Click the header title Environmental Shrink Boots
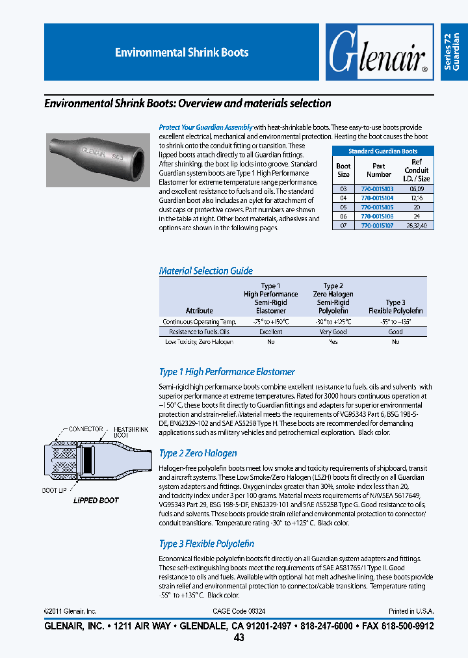pyautogui.click(x=181, y=53)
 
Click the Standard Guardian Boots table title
pyautogui.click(x=382, y=151)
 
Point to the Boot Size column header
pyautogui.click(x=343, y=170)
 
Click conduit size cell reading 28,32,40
pyautogui.click(x=416, y=225)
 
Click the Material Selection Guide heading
pyautogui.click(x=206, y=270)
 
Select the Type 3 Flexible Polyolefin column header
pyautogui.click(x=395, y=306)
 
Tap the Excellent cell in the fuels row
pyautogui.click(x=270, y=332)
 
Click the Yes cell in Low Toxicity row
pyautogui.click(x=333, y=341)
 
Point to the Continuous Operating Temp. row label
pyautogui.click(x=199, y=322)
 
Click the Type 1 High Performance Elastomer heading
pyautogui.click(x=227, y=372)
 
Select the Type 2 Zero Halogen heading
pyautogui.click(x=198, y=453)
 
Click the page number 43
pyautogui.click(x=239, y=638)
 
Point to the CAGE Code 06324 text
pyautogui.click(x=239, y=611)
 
